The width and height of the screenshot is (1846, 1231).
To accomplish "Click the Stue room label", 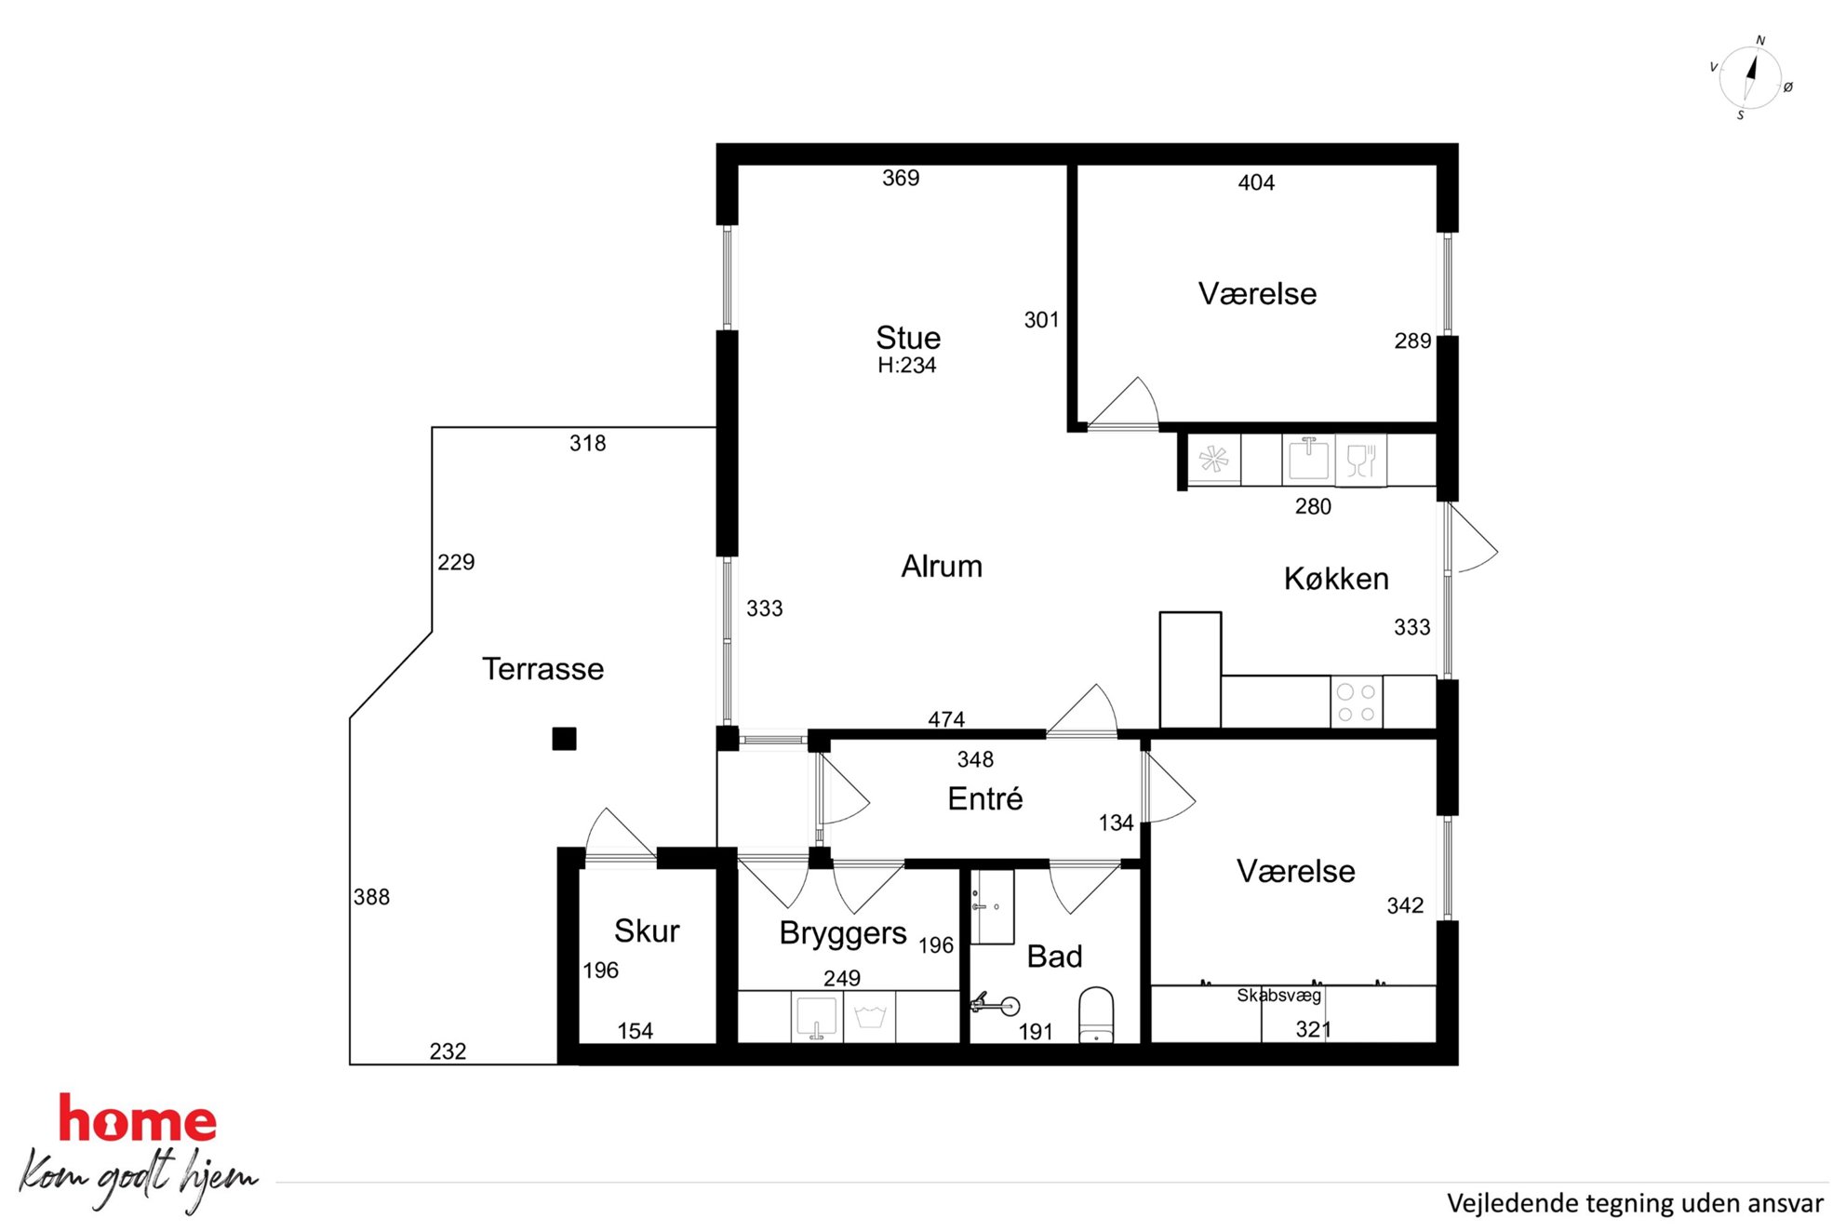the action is [908, 337].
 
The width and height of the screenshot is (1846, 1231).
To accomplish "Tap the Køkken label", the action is [1336, 579].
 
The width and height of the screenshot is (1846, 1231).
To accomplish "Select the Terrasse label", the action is [543, 668].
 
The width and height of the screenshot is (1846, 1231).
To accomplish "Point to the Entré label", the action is [985, 798].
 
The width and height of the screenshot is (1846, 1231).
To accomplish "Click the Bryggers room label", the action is [843, 933].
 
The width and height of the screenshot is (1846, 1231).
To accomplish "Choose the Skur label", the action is [647, 930].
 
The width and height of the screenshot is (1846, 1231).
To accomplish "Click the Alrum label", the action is [942, 566].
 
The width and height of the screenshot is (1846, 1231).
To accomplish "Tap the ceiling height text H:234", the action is [907, 365].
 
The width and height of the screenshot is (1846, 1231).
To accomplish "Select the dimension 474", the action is [946, 719].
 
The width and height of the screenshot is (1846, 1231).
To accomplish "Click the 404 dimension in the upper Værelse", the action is [1256, 182].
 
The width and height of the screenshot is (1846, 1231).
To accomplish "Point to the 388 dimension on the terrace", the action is [371, 897].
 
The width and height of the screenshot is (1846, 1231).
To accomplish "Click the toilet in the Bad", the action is [1096, 1015].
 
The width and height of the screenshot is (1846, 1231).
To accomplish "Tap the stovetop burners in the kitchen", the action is [1357, 702].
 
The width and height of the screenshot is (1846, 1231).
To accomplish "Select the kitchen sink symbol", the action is [1308, 459].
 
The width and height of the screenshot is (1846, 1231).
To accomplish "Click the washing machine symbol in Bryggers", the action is [870, 1016].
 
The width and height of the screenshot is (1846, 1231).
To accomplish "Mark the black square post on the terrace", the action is [564, 739].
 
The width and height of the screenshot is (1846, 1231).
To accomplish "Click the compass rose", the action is [1750, 78].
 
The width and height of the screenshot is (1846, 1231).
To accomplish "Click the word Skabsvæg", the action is [1278, 996].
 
